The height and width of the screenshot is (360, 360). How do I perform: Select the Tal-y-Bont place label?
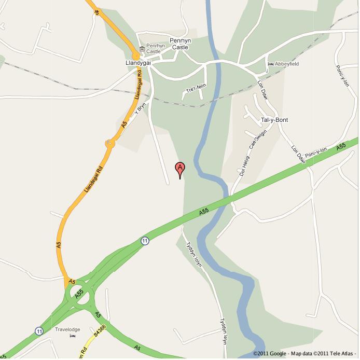[274, 120]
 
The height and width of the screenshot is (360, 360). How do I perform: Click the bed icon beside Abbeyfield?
[271, 64]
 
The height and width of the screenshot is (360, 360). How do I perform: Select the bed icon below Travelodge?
[72, 336]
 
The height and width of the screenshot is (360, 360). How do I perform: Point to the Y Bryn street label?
[141, 108]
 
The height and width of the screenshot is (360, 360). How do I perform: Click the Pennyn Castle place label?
[182, 44]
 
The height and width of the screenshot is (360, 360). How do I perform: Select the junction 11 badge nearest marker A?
[144, 240]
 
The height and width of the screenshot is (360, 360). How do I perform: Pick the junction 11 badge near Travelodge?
[39, 330]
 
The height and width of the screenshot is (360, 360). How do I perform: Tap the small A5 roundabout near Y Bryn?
[109, 143]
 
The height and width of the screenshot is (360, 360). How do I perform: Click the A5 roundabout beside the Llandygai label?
[135, 54]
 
